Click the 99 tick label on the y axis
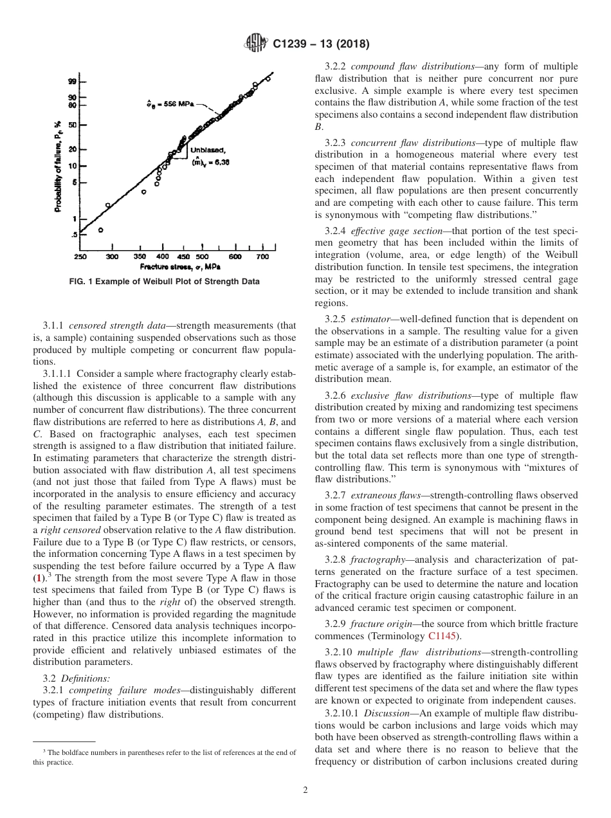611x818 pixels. coord(73,82)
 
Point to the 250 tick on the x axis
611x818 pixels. coord(80,257)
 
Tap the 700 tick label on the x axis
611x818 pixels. coord(262,257)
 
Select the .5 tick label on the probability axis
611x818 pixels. coord(73,235)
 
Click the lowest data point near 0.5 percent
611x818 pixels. coord(100,230)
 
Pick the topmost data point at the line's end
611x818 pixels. coord(268,79)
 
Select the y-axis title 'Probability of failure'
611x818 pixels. coord(58,166)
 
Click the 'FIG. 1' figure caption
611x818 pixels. coord(164,282)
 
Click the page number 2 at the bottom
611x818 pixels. coord(305,790)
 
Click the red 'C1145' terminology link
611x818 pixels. coord(441,636)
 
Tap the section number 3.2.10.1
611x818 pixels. coord(342,713)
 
